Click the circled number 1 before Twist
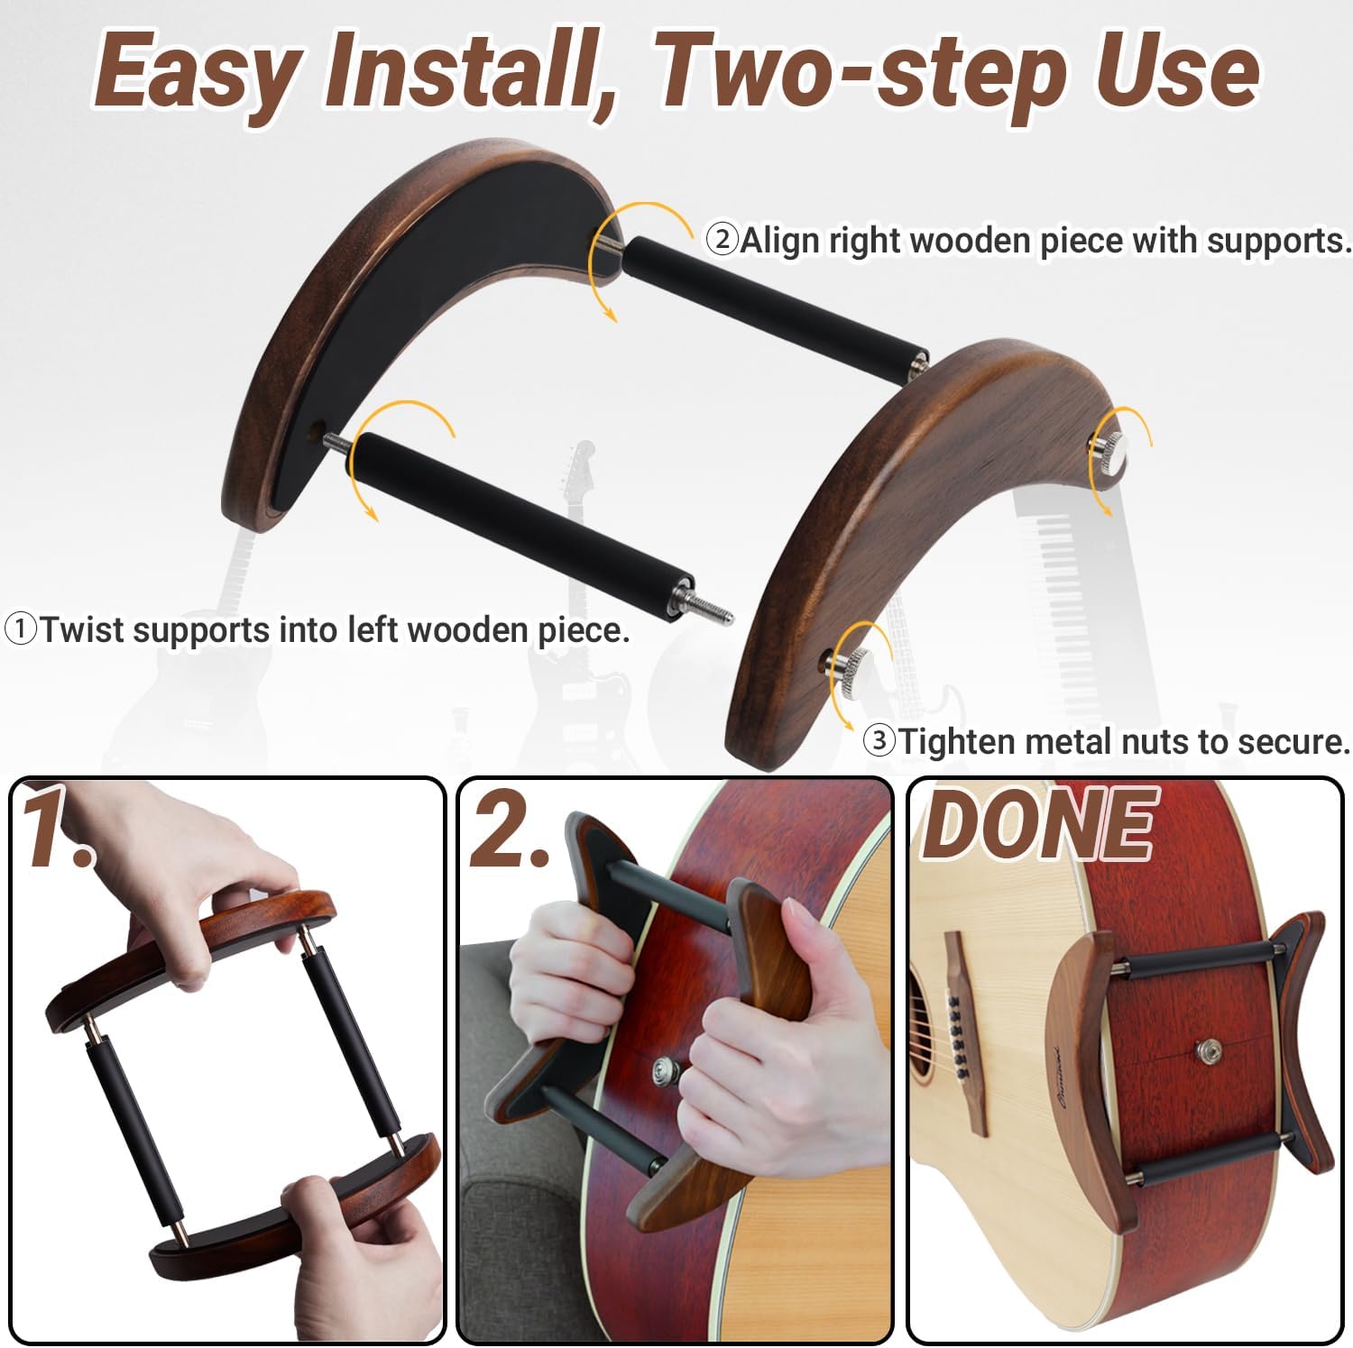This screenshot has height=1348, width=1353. (x=21, y=628)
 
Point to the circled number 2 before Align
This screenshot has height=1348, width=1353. (x=722, y=240)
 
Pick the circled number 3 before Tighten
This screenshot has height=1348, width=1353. (x=879, y=741)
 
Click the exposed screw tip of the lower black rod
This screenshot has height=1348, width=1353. (x=715, y=613)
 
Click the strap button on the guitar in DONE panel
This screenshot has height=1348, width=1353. (x=1206, y=1050)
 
